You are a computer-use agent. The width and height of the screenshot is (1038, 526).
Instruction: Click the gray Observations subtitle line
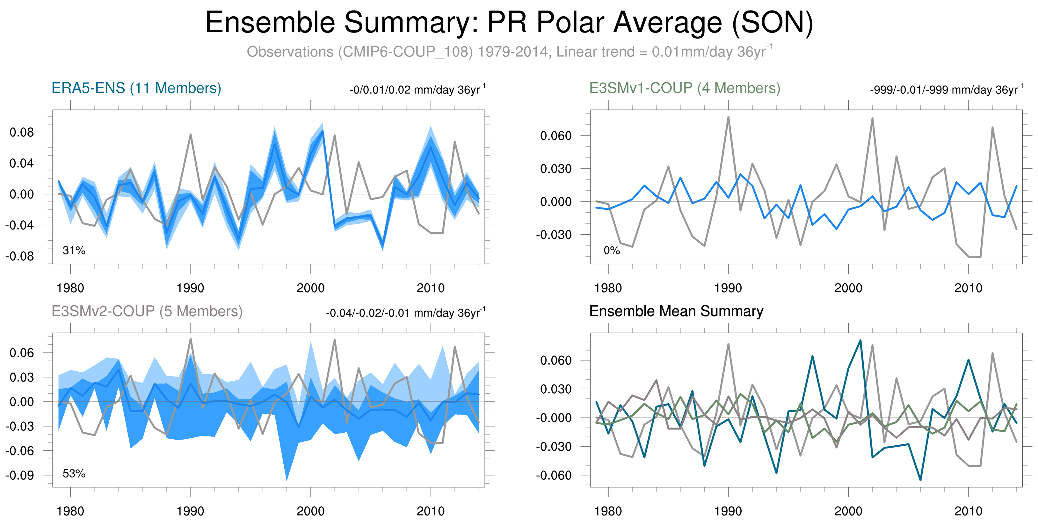(x=509, y=52)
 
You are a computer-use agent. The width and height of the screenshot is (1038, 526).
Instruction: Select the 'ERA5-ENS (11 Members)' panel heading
(x=136, y=88)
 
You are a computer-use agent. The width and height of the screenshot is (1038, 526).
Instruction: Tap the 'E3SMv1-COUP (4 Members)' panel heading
(x=684, y=88)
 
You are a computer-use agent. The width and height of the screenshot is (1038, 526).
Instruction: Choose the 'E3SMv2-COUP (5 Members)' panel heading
(x=147, y=311)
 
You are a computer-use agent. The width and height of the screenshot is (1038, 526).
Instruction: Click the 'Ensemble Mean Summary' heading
(x=676, y=311)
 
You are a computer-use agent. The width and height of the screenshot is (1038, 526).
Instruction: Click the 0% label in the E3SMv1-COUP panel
(x=611, y=250)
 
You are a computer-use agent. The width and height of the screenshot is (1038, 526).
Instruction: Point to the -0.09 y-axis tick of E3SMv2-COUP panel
(x=20, y=475)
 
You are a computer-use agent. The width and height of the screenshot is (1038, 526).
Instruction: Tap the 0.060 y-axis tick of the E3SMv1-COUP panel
(x=556, y=136)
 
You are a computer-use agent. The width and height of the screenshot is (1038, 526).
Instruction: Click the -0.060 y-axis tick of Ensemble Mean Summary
(x=554, y=475)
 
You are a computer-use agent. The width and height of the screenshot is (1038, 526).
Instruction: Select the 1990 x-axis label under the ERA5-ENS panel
(x=190, y=288)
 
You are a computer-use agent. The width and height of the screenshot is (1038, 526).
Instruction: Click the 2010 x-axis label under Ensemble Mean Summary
(x=968, y=511)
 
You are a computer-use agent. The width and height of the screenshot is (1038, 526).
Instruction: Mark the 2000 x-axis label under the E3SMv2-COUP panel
(x=310, y=511)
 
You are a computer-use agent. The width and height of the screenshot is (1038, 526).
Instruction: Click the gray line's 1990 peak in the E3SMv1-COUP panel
(x=728, y=117)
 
